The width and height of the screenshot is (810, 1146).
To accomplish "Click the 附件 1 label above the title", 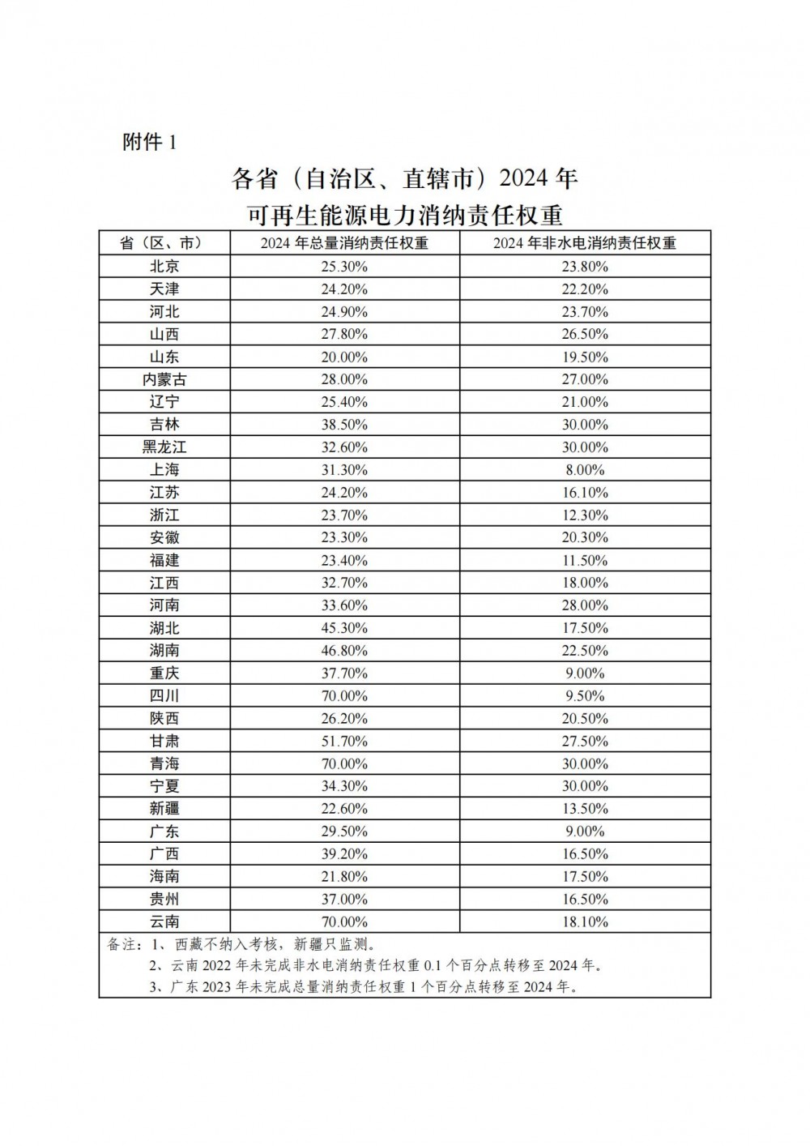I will click(x=149, y=143).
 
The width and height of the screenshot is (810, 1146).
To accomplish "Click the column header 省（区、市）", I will click(x=164, y=243).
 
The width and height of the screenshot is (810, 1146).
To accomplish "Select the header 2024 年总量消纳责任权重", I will click(x=344, y=243).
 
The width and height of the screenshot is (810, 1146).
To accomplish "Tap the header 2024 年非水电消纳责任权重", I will click(x=585, y=243).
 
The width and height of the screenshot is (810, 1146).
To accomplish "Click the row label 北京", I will click(x=164, y=267).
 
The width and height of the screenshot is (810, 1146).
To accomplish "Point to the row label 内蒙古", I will click(x=164, y=379).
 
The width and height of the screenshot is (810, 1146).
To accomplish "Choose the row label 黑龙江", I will click(x=164, y=447).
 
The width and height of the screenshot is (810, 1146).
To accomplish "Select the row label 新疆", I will click(x=164, y=809).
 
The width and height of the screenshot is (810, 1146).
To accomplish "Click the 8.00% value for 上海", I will click(x=585, y=470).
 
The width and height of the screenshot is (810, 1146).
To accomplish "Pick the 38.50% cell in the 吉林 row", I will click(x=344, y=425).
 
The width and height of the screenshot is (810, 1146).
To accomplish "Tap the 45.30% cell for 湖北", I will click(x=344, y=628).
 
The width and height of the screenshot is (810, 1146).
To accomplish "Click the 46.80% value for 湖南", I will click(x=344, y=651).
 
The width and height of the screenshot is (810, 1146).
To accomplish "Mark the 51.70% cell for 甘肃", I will click(x=344, y=741).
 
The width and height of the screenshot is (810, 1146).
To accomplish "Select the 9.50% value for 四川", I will click(x=585, y=696).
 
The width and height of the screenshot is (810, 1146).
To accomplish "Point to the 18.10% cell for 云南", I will click(x=585, y=922).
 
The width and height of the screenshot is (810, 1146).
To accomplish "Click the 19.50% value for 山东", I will click(x=585, y=357).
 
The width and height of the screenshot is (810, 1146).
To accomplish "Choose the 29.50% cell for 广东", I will click(x=344, y=832).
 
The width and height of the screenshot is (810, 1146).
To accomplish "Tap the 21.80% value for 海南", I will click(x=344, y=877).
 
